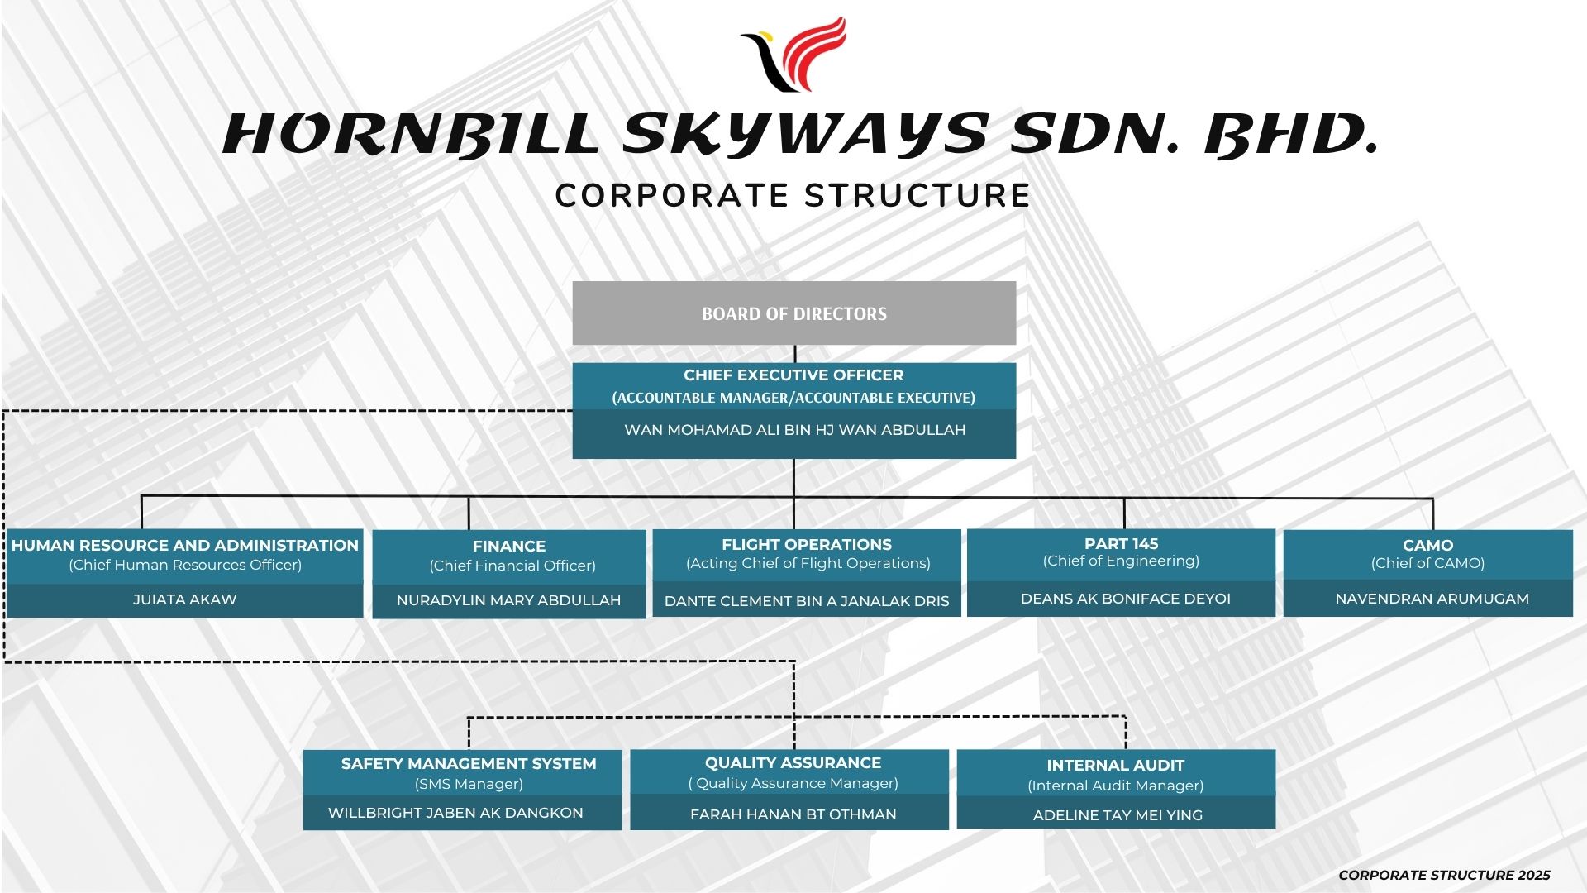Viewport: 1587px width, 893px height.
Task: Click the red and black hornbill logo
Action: click(794, 54)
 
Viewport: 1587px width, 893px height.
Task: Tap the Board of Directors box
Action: click(793, 313)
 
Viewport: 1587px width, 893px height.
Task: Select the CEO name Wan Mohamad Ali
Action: click(794, 430)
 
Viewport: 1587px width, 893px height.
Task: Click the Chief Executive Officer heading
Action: click(793, 375)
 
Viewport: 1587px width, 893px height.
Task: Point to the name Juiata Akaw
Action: click(184, 599)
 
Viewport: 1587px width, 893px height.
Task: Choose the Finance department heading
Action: click(509, 547)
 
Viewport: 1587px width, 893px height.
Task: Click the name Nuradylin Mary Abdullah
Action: click(508, 600)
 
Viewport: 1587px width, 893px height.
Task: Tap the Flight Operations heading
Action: click(807, 545)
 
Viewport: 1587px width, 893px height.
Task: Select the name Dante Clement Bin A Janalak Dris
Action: click(807, 601)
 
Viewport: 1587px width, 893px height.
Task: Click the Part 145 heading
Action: click(1121, 544)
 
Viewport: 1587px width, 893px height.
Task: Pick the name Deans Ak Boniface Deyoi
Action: click(1125, 599)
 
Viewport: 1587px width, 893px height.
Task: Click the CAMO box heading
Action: click(1427, 546)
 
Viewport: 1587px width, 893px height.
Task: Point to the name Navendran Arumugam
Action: click(1432, 599)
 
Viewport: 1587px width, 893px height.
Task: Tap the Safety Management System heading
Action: click(469, 764)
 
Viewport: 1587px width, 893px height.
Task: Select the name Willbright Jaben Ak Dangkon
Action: click(455, 813)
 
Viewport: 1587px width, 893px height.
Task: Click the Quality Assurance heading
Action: click(793, 763)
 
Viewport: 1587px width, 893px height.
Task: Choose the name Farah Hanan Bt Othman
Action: click(793, 814)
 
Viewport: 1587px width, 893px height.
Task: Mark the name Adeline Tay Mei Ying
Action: click(1118, 815)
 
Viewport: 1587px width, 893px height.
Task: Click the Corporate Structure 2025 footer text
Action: click(1444, 875)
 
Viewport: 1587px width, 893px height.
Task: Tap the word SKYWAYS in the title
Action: click(805, 135)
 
